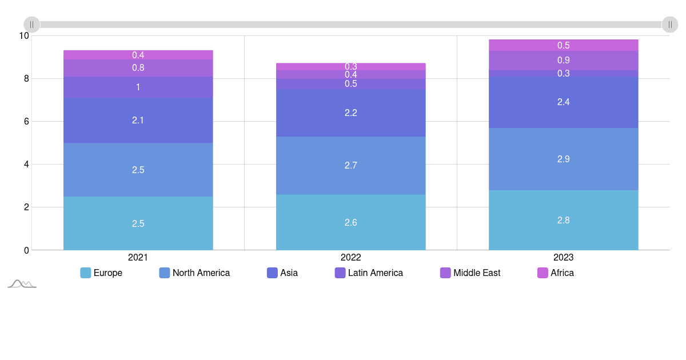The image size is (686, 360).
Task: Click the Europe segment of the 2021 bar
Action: tap(138, 223)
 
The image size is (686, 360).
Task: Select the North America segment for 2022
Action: tap(350, 165)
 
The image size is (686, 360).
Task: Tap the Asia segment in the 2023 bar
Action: tap(563, 102)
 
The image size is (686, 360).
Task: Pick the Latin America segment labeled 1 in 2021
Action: tap(138, 87)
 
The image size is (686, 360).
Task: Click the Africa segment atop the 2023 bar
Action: tap(563, 45)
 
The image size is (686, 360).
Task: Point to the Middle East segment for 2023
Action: tap(563, 60)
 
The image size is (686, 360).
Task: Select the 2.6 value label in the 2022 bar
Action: tap(350, 222)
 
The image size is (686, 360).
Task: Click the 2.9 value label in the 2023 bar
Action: tap(563, 159)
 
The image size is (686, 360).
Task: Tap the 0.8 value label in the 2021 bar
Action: tap(138, 67)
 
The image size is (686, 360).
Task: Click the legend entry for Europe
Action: tap(101, 273)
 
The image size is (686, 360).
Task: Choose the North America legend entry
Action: tap(194, 273)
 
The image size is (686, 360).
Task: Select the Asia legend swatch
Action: tap(272, 273)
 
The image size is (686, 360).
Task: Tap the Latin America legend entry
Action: tap(369, 273)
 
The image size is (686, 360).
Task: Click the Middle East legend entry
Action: tap(470, 273)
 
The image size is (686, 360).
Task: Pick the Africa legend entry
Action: tap(556, 273)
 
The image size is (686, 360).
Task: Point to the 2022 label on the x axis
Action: tap(350, 257)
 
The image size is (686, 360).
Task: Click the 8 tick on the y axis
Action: tap(26, 78)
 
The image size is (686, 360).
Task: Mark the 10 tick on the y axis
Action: tap(23, 35)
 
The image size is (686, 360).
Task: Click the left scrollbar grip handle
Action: tap(32, 25)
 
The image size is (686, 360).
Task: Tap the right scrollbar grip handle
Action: tap(670, 25)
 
